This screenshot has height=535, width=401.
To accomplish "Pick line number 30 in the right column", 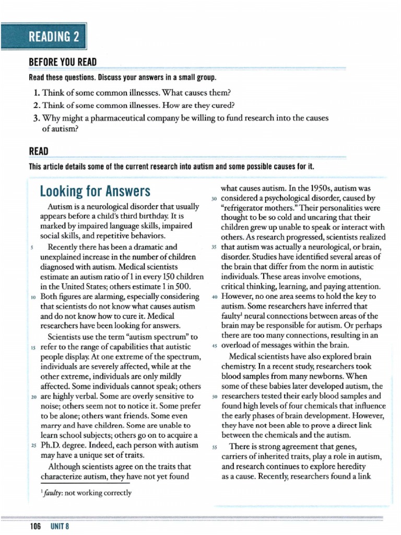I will click(x=214, y=199).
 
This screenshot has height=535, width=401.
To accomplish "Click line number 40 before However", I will click(x=214, y=297).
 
